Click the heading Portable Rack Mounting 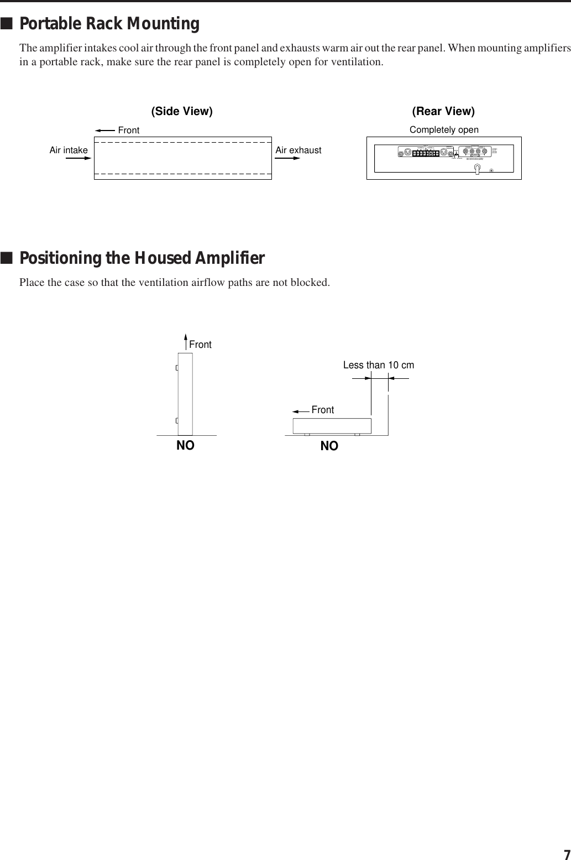[x=109, y=24]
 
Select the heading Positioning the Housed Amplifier [x=142, y=258]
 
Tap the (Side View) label [x=182, y=111]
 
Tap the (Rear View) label [x=443, y=111]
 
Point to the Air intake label [x=69, y=150]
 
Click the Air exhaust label [x=298, y=150]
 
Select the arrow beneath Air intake [x=78, y=158]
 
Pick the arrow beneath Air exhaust [x=287, y=158]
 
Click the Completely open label [x=444, y=129]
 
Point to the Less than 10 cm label [x=379, y=365]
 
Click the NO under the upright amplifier [x=185, y=445]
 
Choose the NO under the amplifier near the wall [x=329, y=446]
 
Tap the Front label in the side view [x=129, y=130]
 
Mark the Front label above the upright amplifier [x=200, y=345]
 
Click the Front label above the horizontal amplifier [x=322, y=410]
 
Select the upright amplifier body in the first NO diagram [x=185, y=393]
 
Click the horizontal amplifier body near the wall [x=332, y=426]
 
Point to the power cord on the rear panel [x=476, y=170]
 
